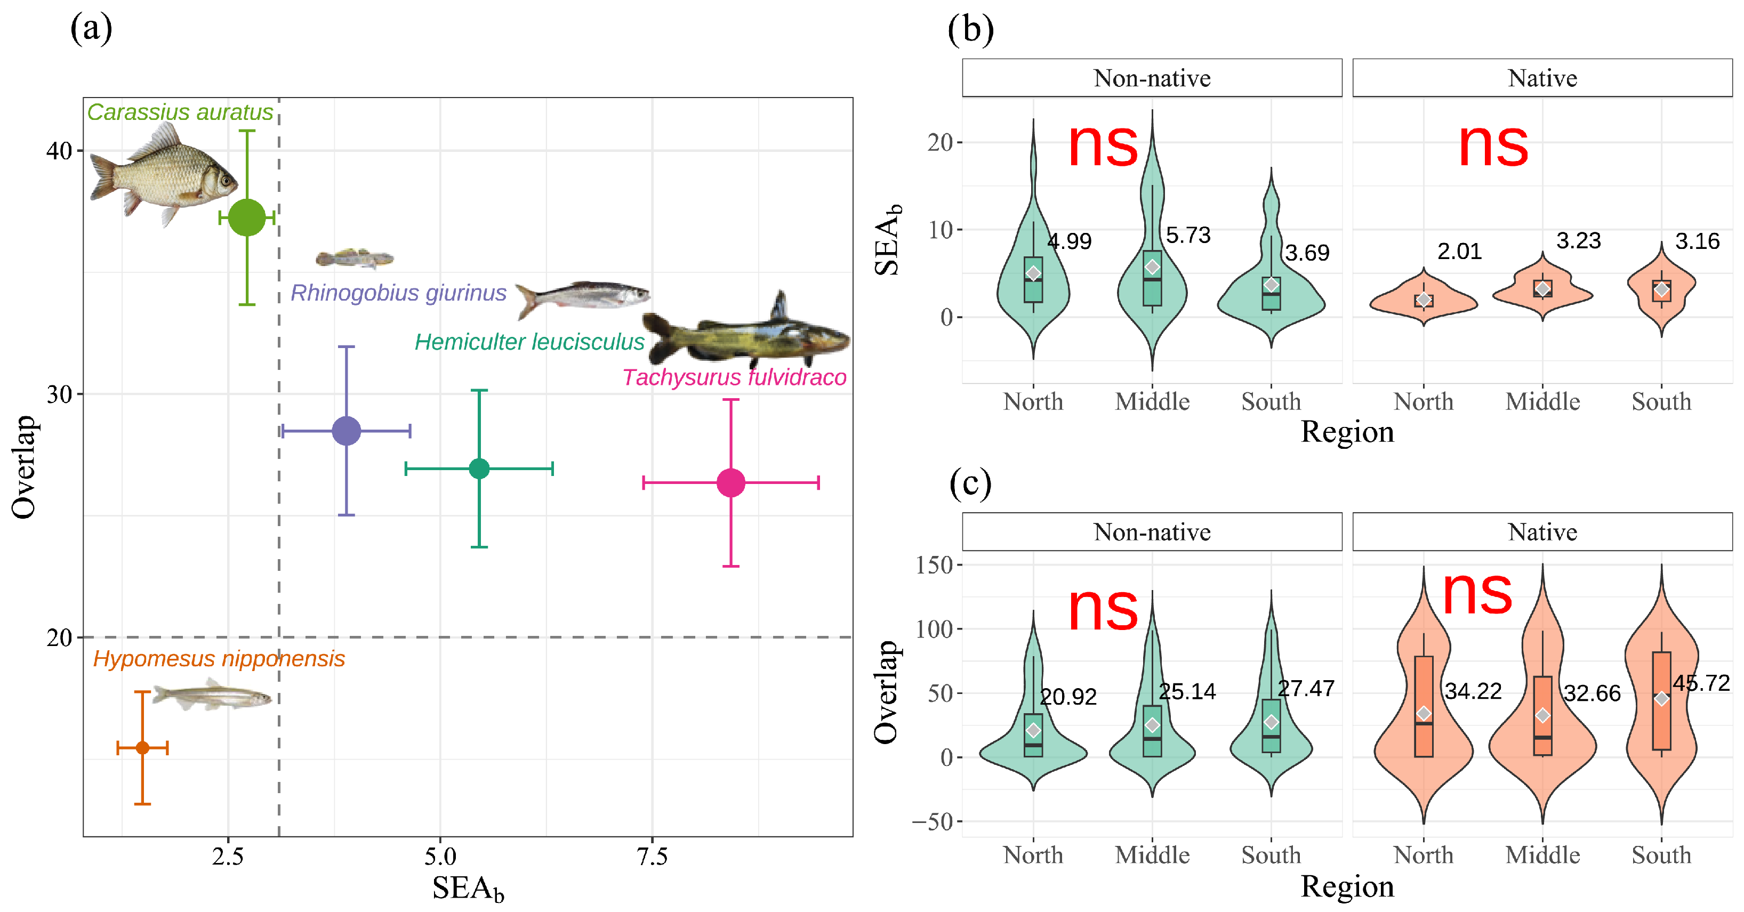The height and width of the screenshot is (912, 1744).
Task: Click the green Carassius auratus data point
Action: [247, 217]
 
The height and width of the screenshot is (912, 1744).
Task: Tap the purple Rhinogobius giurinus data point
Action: [347, 431]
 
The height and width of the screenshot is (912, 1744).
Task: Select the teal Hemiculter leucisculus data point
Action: [479, 469]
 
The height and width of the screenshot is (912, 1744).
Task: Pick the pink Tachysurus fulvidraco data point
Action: [731, 483]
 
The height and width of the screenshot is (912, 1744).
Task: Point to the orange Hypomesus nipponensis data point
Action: [142, 747]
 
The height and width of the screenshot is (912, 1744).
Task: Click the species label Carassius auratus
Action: [180, 112]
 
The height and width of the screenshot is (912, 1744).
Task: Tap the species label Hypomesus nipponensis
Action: [219, 659]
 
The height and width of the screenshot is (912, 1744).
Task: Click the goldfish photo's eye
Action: [226, 181]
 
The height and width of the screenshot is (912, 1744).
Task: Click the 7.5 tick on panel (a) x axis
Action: [652, 857]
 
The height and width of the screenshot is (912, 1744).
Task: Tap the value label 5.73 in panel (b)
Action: [1187, 235]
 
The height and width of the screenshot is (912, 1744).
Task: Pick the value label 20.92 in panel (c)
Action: [1067, 696]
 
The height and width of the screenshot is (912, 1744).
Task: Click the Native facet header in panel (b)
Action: [1542, 78]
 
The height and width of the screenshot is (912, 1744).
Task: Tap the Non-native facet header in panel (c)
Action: [1152, 532]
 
